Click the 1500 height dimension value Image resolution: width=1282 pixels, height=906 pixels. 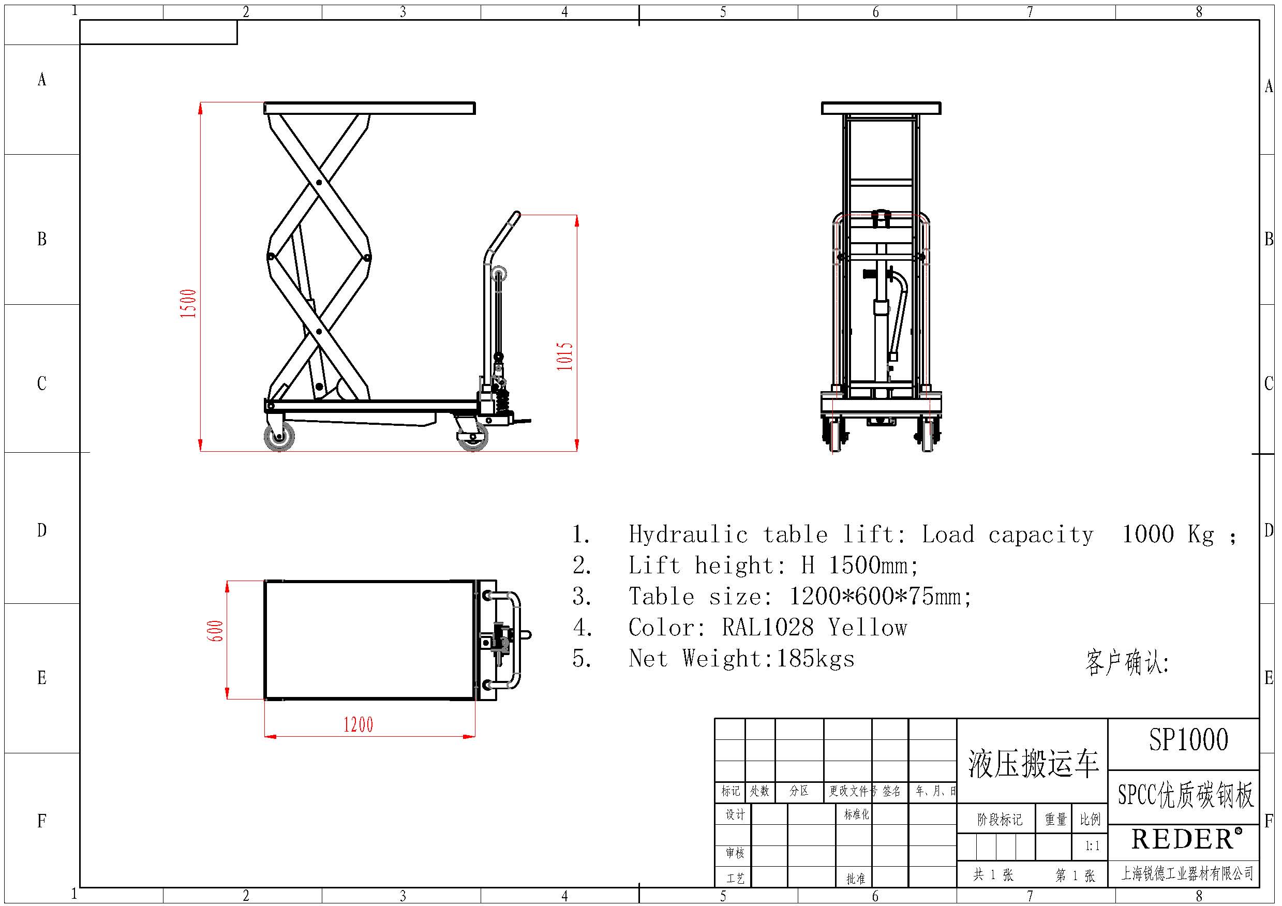tap(189, 303)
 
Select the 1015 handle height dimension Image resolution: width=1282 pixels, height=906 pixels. tap(564, 356)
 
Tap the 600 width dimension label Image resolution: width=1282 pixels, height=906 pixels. tap(216, 631)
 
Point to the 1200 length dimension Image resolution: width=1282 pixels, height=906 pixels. tap(358, 725)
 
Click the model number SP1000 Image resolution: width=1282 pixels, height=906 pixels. tap(1188, 739)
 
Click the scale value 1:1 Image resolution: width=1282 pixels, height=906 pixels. tap(1092, 845)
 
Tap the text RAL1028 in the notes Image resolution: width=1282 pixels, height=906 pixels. tap(768, 627)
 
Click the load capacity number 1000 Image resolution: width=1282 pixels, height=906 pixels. tap(1148, 534)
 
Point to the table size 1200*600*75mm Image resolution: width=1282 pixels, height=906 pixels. tap(880, 597)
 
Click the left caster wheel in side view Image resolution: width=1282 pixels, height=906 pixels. tap(279, 436)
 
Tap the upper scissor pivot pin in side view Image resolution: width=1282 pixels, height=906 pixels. tap(319, 182)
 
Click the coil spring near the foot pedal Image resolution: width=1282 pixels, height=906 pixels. tap(503, 399)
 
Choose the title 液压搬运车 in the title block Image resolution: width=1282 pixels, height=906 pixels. tap(1033, 764)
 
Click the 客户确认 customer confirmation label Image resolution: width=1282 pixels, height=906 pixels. tap(1127, 662)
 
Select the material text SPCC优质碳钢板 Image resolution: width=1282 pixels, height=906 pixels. tap(1185, 795)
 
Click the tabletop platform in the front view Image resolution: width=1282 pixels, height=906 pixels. tap(881, 108)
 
